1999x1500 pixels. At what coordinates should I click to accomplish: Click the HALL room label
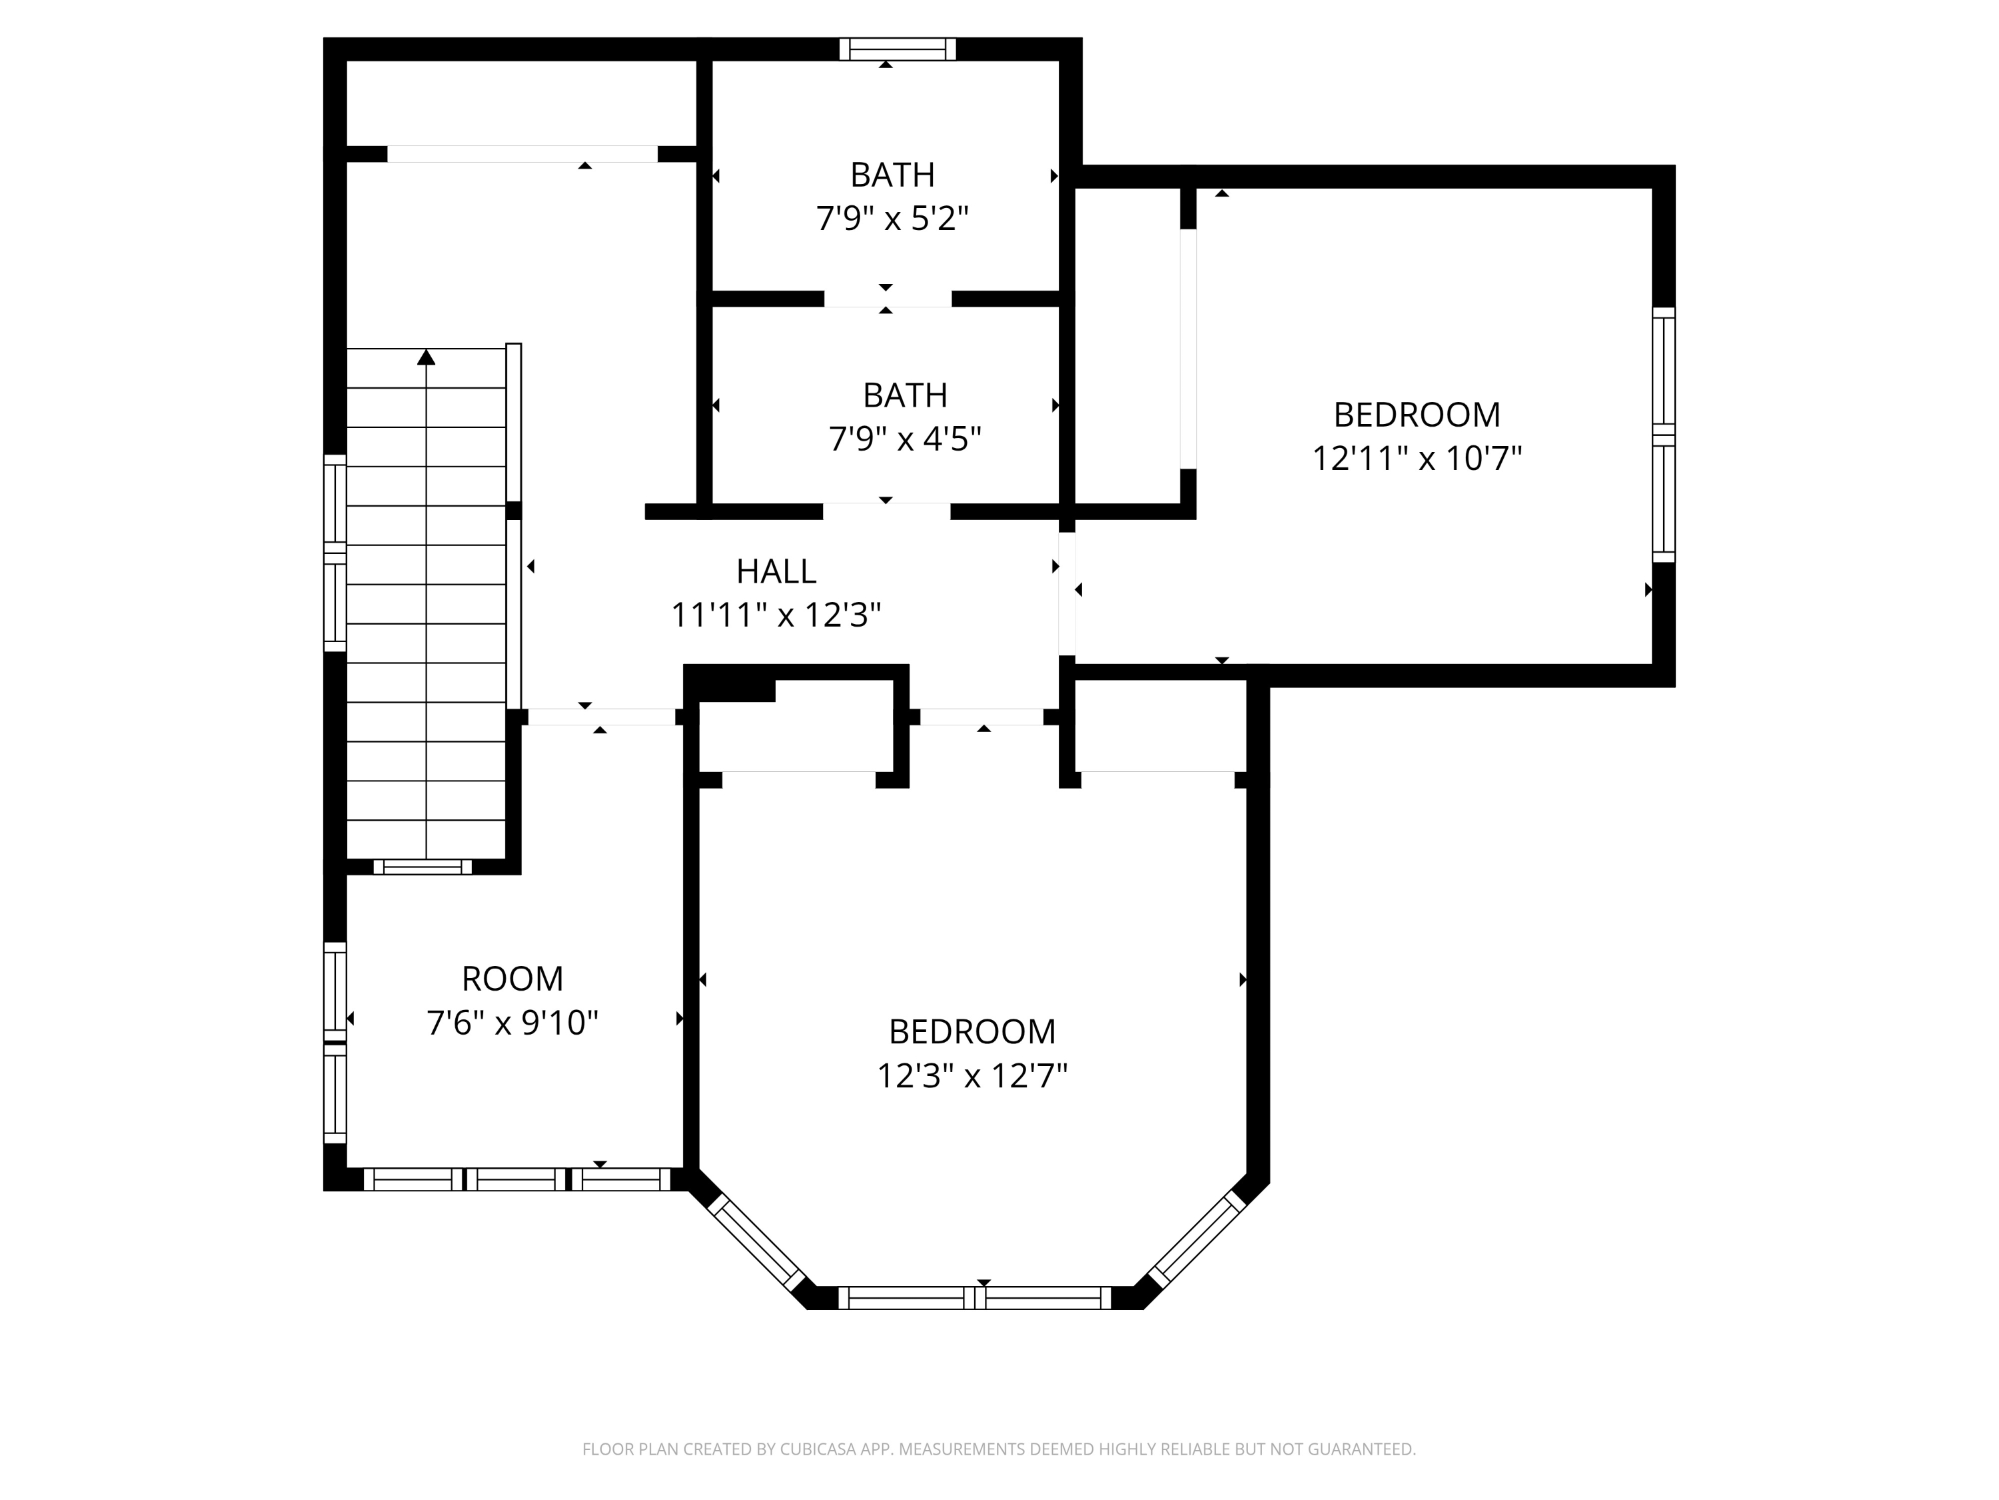pos(776,571)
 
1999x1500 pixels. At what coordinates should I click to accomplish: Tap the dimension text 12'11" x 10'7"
pos(1416,459)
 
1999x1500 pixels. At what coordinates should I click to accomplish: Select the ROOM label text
pos(512,978)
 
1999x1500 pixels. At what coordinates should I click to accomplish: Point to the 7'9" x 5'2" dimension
pos(892,219)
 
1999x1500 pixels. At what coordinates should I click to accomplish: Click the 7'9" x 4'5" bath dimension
pos(905,439)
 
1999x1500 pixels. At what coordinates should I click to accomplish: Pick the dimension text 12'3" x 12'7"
pos(972,1076)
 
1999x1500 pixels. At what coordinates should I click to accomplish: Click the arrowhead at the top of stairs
pos(426,358)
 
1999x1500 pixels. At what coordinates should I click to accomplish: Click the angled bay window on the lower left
pos(756,1243)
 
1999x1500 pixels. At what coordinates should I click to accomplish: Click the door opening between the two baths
pos(886,299)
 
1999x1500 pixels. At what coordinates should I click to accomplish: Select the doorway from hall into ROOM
pos(601,717)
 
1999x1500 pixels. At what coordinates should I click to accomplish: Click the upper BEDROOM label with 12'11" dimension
pos(1416,415)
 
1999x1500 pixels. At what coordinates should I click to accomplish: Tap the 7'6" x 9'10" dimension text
pos(512,1023)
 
